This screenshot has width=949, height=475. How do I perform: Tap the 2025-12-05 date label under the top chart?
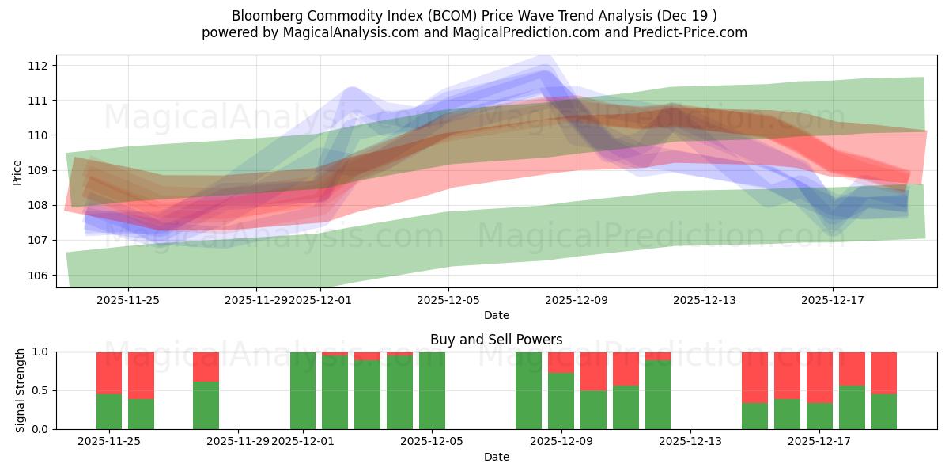pos(448,300)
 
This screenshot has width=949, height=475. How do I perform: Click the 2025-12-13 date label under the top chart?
pos(705,300)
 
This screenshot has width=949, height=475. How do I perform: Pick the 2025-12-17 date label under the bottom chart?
pos(819,442)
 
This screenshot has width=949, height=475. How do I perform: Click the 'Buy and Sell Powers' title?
pos(496,340)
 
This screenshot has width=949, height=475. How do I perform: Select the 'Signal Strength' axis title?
pos(21,390)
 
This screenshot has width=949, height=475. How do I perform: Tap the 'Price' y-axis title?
pos(17,171)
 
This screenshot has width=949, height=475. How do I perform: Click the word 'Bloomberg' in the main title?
pos(264,16)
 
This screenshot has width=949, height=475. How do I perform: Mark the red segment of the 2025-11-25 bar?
pos(109,372)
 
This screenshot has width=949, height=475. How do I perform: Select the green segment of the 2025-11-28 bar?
pos(206,405)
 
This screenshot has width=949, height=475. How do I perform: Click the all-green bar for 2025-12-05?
pos(432,390)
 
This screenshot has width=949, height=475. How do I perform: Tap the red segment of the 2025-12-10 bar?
pos(593,370)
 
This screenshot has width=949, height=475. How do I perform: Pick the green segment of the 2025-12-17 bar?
pos(852,408)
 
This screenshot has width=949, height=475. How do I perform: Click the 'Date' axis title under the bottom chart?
pos(496,457)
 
